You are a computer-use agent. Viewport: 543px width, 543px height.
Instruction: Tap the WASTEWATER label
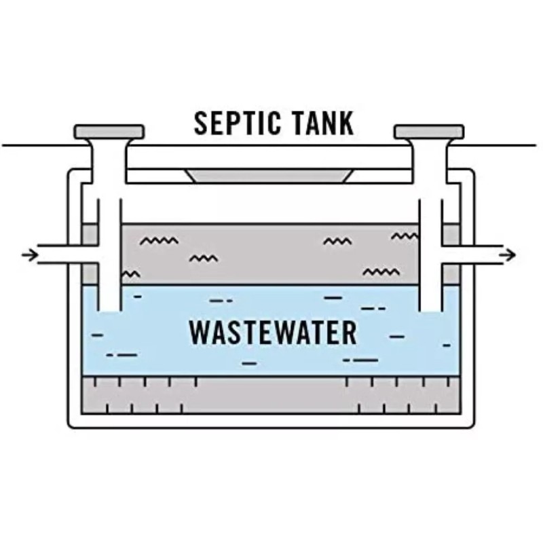pos(273,332)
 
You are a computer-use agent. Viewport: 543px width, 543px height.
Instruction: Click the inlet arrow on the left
pos(29,255)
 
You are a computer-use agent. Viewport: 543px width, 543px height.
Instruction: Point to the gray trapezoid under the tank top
pos(270,175)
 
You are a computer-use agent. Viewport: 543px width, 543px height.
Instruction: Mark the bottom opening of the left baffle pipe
pos(109,309)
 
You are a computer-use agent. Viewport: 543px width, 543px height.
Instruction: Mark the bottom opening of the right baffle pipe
pos(430,309)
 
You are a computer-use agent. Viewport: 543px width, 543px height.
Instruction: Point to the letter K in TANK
pos(346,123)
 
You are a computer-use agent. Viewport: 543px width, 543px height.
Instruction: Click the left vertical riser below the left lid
pos(109,170)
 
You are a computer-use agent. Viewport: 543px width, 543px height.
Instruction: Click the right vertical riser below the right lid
pos(429,170)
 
